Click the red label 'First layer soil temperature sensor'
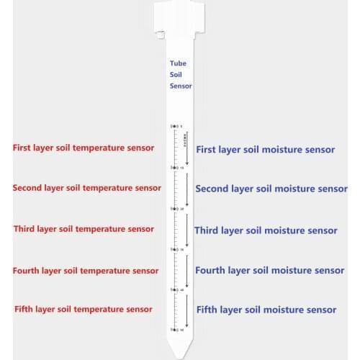(x=84, y=148)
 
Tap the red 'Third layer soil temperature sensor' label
(x=84, y=229)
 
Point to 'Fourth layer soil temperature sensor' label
(x=86, y=271)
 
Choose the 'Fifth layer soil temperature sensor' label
(x=84, y=309)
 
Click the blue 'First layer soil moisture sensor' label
(x=266, y=150)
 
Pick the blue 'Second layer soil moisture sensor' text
(x=271, y=189)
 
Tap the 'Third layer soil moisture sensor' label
(x=266, y=230)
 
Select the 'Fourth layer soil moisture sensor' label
(x=270, y=271)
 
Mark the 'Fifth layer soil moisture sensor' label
(x=266, y=310)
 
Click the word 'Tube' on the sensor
(x=178, y=63)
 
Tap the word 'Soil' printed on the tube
(x=176, y=74)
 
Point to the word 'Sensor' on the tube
(x=181, y=86)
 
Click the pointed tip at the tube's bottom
(x=180, y=349)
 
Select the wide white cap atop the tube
(x=180, y=20)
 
